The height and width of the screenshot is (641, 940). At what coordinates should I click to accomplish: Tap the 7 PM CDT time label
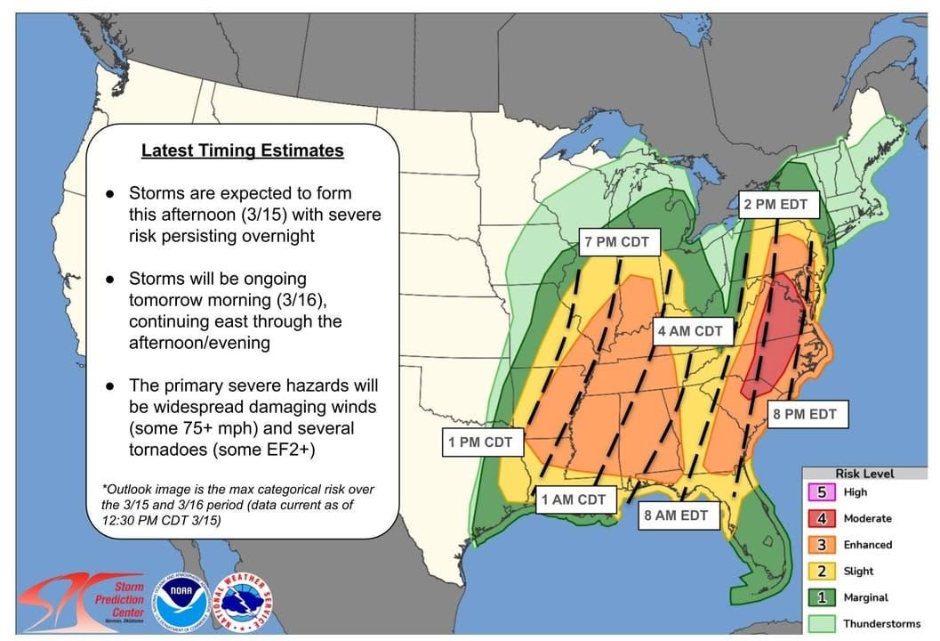pyautogui.click(x=616, y=242)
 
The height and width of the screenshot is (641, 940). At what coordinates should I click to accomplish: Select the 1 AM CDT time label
pyautogui.click(x=574, y=499)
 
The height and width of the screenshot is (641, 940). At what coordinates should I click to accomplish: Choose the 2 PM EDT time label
pyautogui.click(x=775, y=204)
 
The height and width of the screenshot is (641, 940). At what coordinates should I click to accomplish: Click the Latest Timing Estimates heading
pyautogui.click(x=242, y=150)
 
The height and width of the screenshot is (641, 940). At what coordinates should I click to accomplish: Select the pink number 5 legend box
pyautogui.click(x=823, y=492)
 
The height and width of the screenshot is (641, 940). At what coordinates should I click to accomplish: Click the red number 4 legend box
pyautogui.click(x=823, y=518)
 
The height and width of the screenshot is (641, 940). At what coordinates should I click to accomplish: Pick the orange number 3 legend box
pyautogui.click(x=823, y=545)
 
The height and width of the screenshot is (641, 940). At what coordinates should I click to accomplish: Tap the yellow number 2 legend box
pyautogui.click(x=823, y=571)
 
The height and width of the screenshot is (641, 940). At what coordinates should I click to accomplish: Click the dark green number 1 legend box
pyautogui.click(x=823, y=597)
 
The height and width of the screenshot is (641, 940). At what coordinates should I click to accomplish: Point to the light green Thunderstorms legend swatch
pyautogui.click(x=823, y=623)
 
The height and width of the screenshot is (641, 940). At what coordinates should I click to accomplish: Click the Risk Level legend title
pyautogui.click(x=864, y=474)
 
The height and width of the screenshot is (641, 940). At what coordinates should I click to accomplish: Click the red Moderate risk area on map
pyautogui.click(x=770, y=338)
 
